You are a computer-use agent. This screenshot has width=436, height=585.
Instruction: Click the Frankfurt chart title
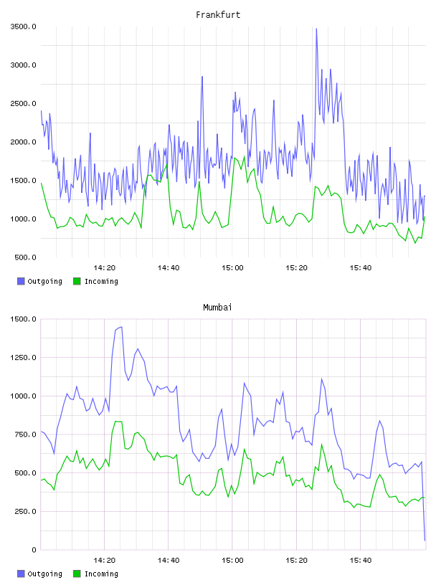[218, 15]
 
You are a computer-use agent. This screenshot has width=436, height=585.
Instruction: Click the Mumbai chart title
[217, 308]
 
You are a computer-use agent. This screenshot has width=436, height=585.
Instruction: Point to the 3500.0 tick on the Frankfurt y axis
[23, 27]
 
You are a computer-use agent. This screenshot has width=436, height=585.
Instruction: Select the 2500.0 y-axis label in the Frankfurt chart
[23, 103]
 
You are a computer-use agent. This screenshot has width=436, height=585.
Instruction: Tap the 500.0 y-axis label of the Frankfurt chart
[25, 257]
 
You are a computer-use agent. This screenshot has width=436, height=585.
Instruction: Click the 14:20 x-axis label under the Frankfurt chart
[104, 267]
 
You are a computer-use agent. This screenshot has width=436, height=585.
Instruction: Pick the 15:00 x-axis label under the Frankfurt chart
[232, 267]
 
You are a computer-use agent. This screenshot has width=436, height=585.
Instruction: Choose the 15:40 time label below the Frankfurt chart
[360, 267]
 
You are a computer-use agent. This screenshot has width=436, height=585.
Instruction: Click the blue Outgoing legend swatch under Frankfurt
[21, 281]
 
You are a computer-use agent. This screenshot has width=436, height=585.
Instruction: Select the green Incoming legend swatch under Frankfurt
[77, 281]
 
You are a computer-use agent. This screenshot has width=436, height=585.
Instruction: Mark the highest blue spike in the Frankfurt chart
[316, 29]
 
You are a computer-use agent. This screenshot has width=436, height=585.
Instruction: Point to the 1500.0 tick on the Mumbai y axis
[23, 319]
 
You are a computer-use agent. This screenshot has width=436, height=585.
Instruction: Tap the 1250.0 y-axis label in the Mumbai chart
[23, 358]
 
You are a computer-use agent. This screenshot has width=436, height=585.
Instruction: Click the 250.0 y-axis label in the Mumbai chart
[25, 511]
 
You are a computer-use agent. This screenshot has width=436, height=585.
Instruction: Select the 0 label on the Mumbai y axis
[34, 550]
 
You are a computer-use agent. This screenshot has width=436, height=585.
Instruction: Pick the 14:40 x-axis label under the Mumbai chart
[169, 560]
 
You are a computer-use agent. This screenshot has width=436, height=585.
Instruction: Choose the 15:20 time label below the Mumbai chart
[296, 560]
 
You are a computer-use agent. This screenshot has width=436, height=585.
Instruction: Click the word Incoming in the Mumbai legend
[101, 574]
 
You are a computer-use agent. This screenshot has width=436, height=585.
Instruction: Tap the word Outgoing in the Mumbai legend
[44, 574]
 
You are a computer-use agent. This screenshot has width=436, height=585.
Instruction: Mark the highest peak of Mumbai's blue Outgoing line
[121, 327]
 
